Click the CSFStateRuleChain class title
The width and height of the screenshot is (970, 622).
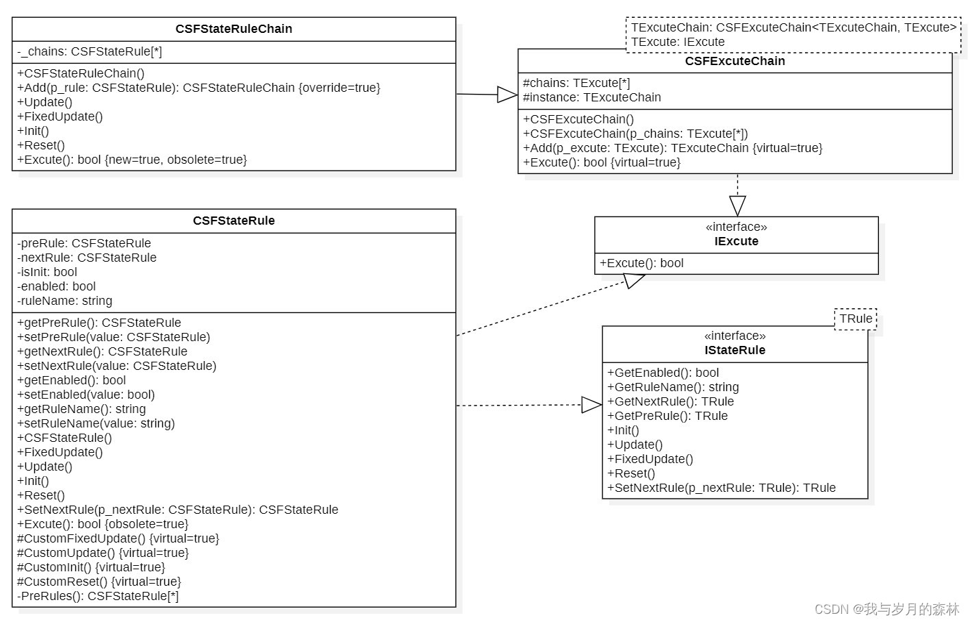click(x=233, y=29)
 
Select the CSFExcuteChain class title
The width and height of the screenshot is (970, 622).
click(x=735, y=61)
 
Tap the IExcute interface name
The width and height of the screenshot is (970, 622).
click(x=736, y=241)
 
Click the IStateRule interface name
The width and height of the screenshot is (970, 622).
click(x=735, y=350)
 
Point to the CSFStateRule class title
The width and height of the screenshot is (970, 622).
click(x=233, y=221)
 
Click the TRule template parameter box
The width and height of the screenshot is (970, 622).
click(x=856, y=319)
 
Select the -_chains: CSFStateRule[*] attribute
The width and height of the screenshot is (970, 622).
click(x=90, y=51)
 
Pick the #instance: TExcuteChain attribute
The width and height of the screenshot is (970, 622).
click(x=592, y=97)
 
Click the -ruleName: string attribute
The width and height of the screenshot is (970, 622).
click(x=64, y=301)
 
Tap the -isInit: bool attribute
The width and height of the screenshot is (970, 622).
click(x=47, y=272)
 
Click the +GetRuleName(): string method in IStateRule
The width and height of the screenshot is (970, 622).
click(x=673, y=387)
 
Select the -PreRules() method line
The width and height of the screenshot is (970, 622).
click(x=98, y=596)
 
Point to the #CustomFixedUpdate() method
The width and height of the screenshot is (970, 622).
click(x=118, y=538)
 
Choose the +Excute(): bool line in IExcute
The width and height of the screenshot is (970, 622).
click(x=641, y=263)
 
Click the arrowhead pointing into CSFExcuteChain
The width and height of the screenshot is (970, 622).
click(x=507, y=95)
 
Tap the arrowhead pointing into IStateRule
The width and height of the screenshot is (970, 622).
click(x=591, y=405)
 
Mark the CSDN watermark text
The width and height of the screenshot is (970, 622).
click(x=886, y=609)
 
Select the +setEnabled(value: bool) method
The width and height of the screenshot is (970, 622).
click(x=86, y=395)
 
